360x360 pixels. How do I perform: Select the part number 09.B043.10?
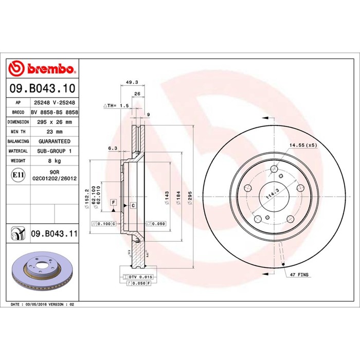click(43, 88)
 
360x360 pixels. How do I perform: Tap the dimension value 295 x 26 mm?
click(55, 122)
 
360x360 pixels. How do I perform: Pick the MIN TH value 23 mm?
click(55, 132)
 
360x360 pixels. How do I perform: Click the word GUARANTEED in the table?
click(55, 141)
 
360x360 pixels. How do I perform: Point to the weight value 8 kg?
click(55, 160)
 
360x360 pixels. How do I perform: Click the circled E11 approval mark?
click(18, 175)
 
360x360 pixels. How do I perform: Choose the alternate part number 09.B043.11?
click(54, 233)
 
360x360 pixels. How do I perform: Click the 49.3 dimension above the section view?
click(132, 82)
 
